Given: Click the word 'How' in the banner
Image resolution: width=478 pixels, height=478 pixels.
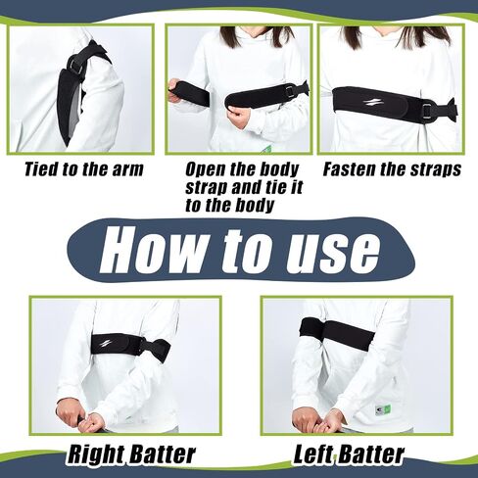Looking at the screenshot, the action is pyautogui.click(x=153, y=251).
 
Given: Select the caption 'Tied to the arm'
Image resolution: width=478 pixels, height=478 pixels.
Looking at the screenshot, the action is pyautogui.click(x=84, y=169).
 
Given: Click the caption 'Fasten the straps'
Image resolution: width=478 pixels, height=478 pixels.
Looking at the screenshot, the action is pyautogui.click(x=392, y=169).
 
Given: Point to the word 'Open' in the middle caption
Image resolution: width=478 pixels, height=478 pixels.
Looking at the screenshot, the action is pyautogui.click(x=205, y=170).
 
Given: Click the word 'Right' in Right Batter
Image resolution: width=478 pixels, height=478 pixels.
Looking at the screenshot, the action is pyautogui.click(x=95, y=454).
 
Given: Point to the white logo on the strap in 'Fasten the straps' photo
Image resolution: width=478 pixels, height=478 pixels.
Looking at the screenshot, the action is pyautogui.click(x=369, y=104).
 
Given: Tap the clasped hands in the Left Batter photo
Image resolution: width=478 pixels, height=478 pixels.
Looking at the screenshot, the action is pyautogui.click(x=313, y=420).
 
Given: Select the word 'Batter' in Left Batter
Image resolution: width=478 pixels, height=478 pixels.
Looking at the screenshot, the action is pyautogui.click(x=372, y=454).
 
